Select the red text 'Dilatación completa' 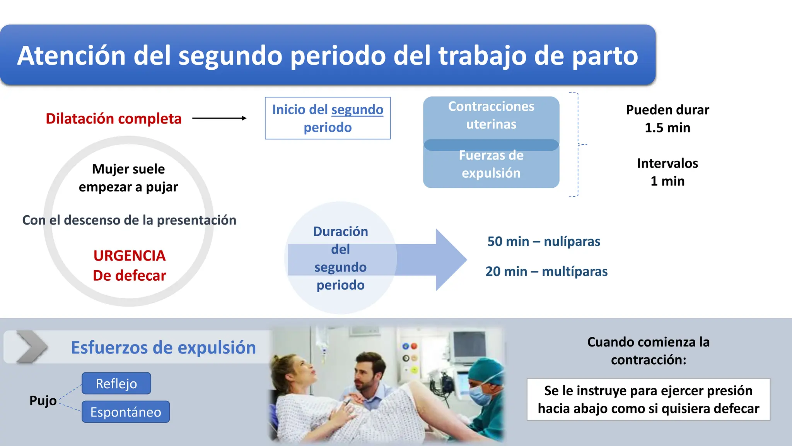point(113,118)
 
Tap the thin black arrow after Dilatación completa point(219,118)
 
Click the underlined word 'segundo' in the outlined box point(357,110)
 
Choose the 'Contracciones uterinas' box point(491,115)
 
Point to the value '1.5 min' point(667,128)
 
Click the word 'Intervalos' point(667,163)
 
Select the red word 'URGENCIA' point(129,256)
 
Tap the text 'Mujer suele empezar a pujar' point(128,178)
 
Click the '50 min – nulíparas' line point(543,242)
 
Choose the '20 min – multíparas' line point(546,271)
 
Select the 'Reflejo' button point(116,384)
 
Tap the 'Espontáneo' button point(126,412)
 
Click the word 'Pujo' point(43,400)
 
